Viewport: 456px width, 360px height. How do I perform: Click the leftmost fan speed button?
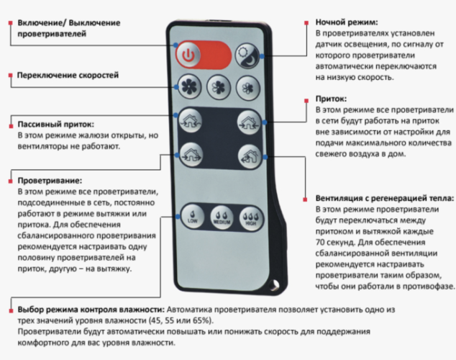[x=188, y=86]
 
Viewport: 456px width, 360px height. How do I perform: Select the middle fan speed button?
[x=218, y=88]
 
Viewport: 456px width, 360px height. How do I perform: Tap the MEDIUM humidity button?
[x=222, y=217]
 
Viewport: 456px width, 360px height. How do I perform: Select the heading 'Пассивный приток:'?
[x=55, y=124]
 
